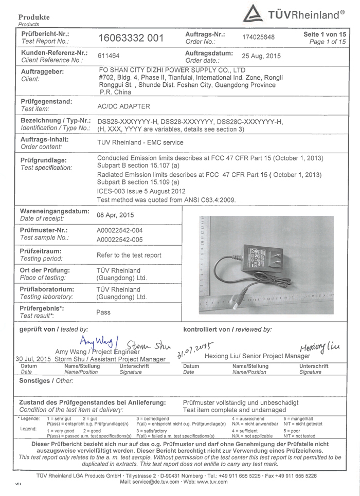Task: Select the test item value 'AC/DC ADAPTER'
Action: pyautogui.click(x=123, y=107)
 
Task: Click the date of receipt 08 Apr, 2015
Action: pyautogui.click(x=116, y=215)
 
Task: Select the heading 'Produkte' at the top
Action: pyautogui.click(x=34, y=17)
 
